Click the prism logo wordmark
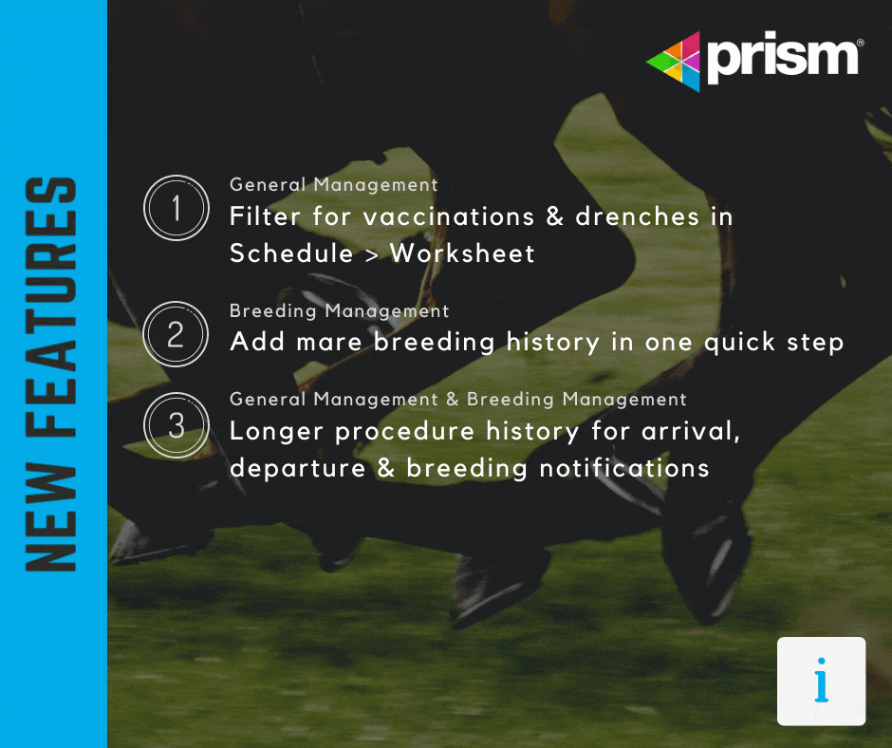pyautogui.click(x=784, y=58)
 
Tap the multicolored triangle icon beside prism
pyautogui.click(x=675, y=62)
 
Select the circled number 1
pyautogui.click(x=176, y=207)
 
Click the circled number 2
pyautogui.click(x=176, y=333)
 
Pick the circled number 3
pyautogui.click(x=176, y=424)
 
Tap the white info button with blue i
pyautogui.click(x=821, y=682)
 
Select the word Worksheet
pyautogui.click(x=462, y=253)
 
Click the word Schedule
pyautogui.click(x=290, y=253)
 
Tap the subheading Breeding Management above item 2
pyautogui.click(x=339, y=310)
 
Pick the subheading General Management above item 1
pyautogui.click(x=333, y=184)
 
